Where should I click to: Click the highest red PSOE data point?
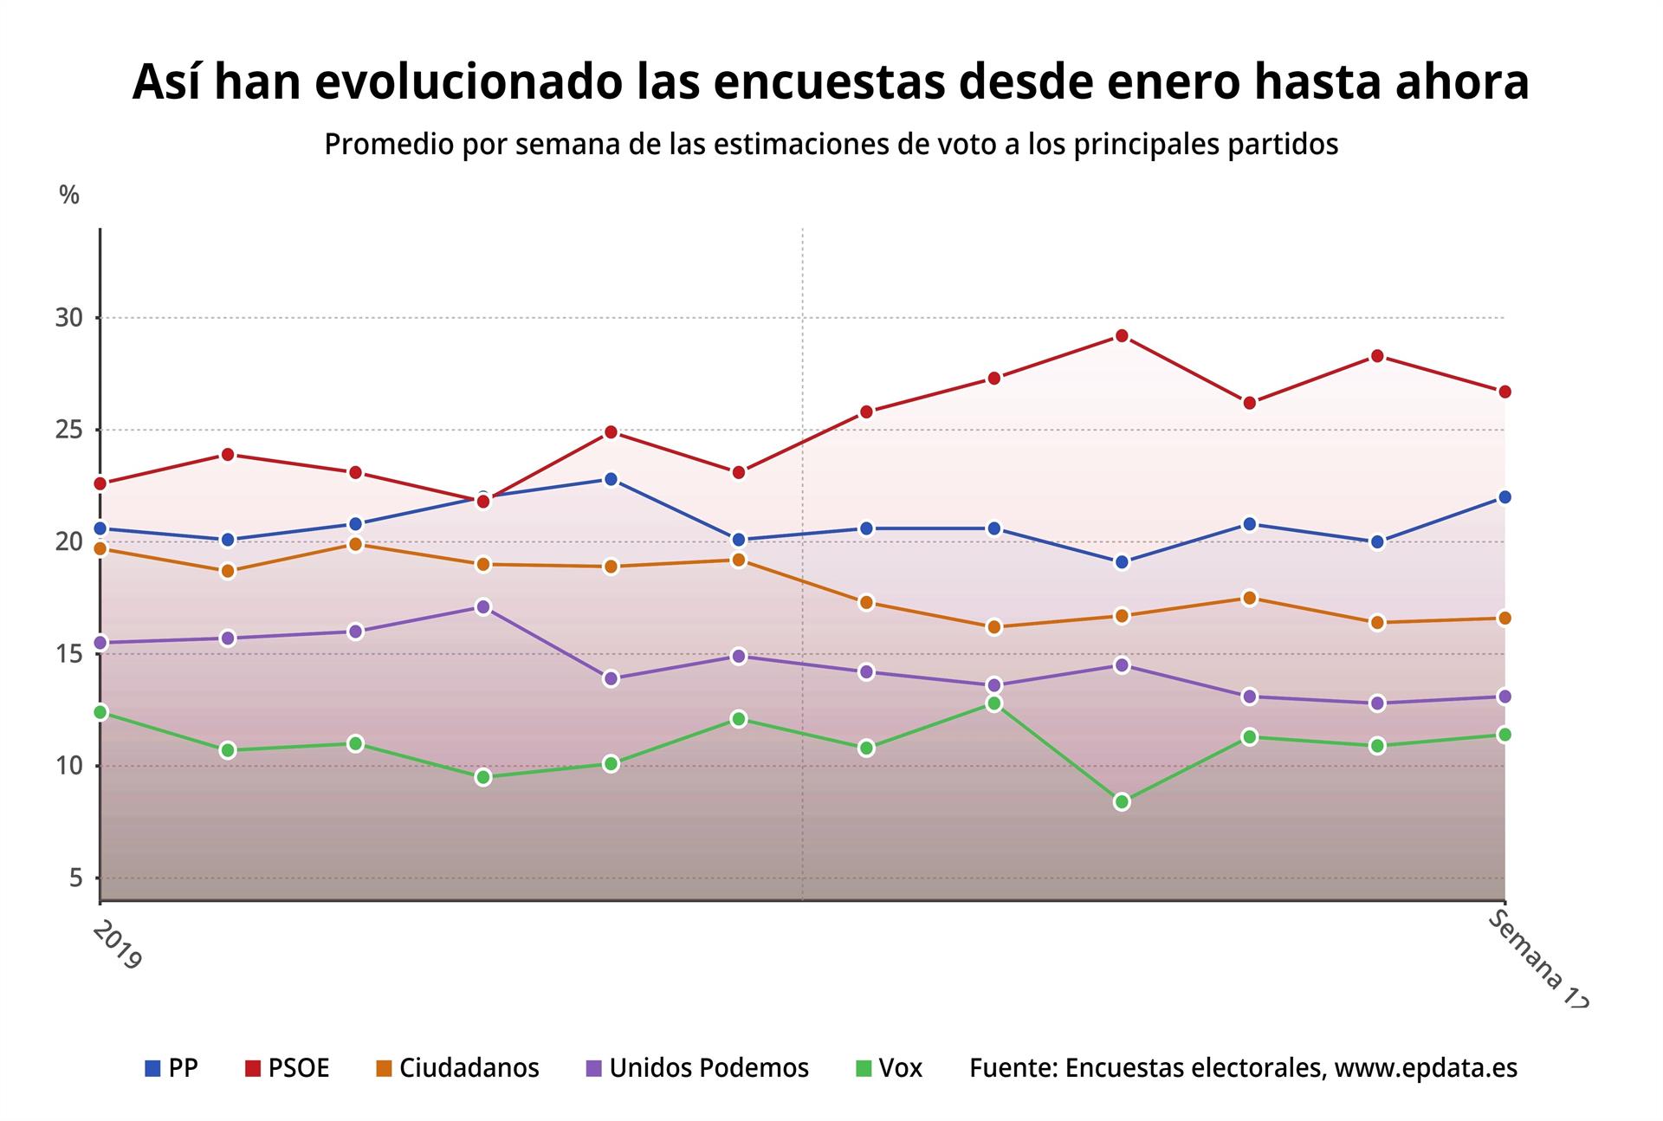[x=1122, y=335]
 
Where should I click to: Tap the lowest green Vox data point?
[x=1122, y=802]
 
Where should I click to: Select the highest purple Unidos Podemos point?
[x=483, y=606]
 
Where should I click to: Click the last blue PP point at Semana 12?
[x=1504, y=497]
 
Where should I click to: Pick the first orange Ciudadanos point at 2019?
[x=100, y=548]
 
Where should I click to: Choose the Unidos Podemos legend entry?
[x=697, y=1068]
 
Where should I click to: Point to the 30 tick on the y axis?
[x=69, y=318]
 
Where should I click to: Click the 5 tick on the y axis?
[x=75, y=878]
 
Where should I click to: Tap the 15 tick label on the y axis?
[x=69, y=654]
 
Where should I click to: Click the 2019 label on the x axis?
[x=116, y=945]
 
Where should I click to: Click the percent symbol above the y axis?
[x=69, y=196]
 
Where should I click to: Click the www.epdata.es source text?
[x=1426, y=1068]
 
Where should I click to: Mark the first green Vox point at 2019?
[x=100, y=712]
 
